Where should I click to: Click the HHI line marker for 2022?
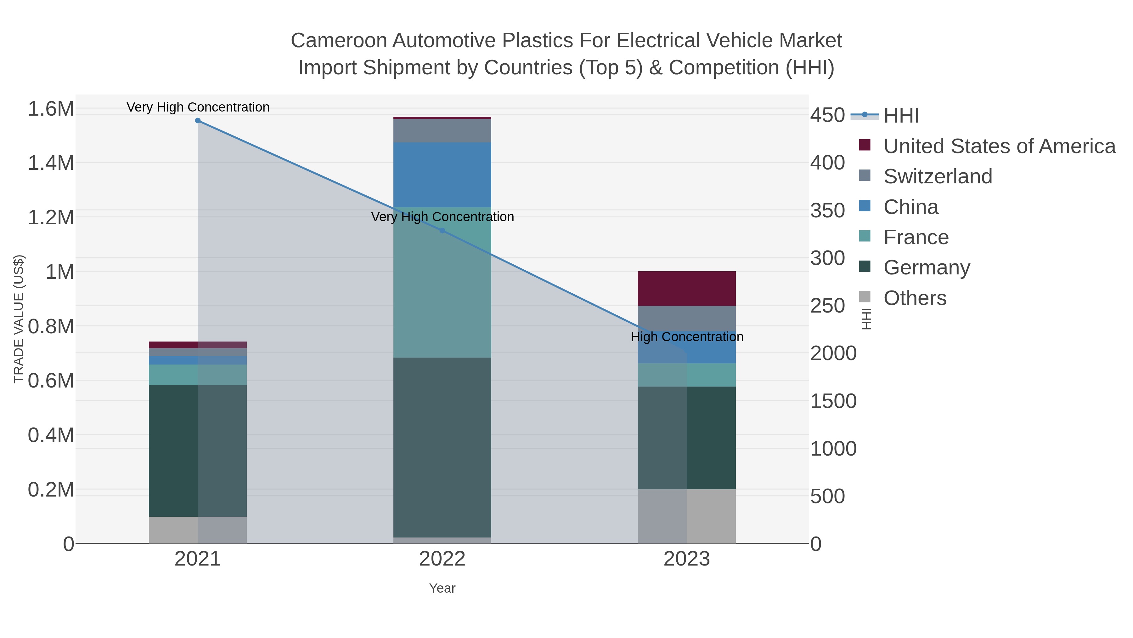tap(442, 230)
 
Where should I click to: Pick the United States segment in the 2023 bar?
tap(687, 288)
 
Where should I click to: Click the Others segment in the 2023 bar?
tap(687, 516)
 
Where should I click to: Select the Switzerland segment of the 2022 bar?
tap(442, 131)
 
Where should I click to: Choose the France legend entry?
tap(916, 237)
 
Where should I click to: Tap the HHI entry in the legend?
tap(901, 116)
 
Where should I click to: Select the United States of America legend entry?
tap(999, 146)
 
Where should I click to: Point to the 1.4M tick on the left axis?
tap(51, 163)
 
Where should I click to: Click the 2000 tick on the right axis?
tap(833, 353)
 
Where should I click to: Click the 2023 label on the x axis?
tap(687, 560)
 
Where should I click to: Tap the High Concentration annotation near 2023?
tap(687, 337)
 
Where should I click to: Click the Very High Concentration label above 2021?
tap(198, 107)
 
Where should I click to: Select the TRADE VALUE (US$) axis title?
tap(19, 319)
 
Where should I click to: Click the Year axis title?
tap(442, 588)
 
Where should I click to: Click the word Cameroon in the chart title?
tap(339, 41)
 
